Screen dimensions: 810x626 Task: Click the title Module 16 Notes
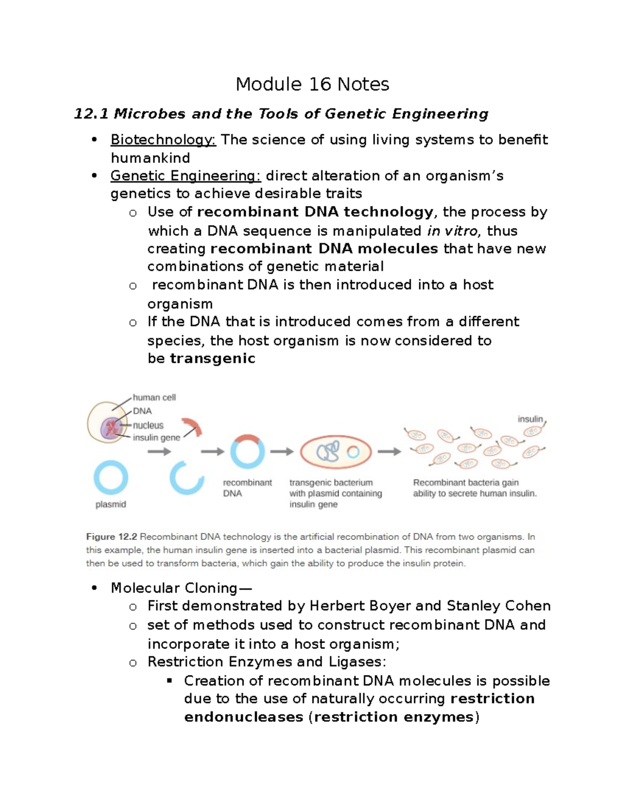point(312,84)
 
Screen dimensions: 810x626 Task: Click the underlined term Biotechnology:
point(163,140)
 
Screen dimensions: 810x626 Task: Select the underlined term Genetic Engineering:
point(185,176)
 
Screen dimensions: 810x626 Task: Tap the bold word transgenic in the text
point(212,358)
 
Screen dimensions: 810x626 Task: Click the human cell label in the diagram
point(154,397)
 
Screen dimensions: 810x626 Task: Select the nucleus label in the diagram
point(148,425)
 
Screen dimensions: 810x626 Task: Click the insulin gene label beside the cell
point(156,438)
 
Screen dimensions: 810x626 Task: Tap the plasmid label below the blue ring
point(111,504)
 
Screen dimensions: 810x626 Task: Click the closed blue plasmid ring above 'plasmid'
point(111,477)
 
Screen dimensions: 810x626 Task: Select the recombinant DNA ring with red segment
point(247,452)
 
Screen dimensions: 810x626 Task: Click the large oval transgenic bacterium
point(336,452)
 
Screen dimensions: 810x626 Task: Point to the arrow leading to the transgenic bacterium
point(282,452)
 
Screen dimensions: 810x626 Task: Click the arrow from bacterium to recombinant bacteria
point(389,452)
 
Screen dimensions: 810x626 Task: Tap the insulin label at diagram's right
point(530,419)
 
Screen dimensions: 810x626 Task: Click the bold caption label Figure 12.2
point(111,537)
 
